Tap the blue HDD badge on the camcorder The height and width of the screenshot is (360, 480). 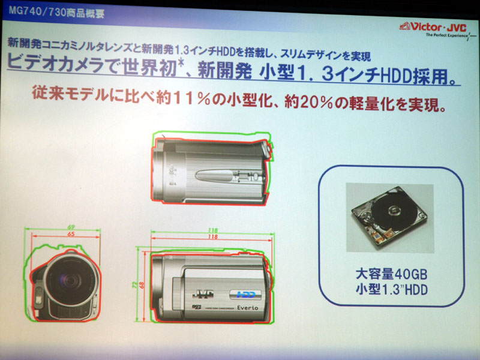coord(242,295)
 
